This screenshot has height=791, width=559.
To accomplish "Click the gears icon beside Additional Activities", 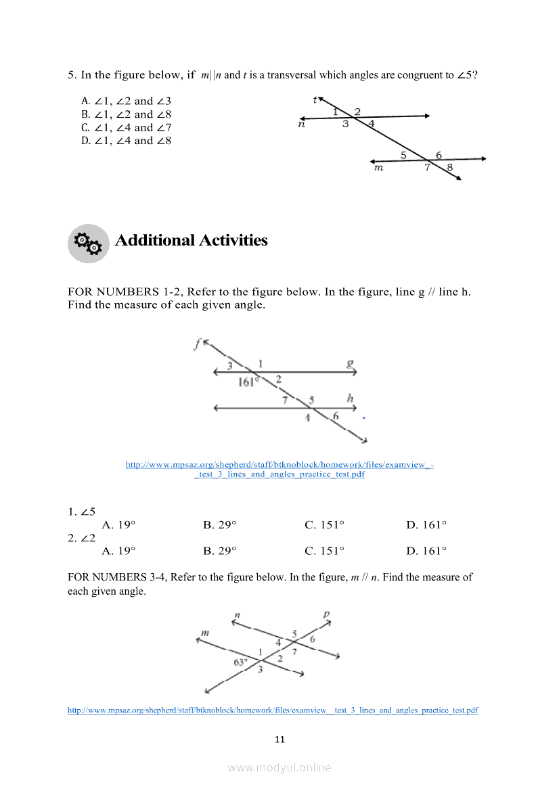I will coord(88,243).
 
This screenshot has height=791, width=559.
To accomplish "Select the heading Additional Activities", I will coord(191,240).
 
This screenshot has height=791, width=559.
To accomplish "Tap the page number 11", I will coord(279,739).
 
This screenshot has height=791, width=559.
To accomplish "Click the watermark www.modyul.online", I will coord(279,767).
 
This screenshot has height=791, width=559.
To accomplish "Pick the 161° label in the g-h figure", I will coord(248,382).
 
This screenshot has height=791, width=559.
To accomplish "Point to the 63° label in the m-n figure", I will coord(241,662).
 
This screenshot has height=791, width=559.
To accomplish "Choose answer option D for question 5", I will coord(127,141).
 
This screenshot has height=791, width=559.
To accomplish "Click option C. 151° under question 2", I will coord(324,551).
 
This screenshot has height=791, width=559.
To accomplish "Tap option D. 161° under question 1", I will coord(426,524).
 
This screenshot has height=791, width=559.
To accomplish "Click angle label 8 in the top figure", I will coord(450,168).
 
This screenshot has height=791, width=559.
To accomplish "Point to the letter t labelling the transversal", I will coord(315,100).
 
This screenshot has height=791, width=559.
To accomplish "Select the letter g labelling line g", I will coord(350,363).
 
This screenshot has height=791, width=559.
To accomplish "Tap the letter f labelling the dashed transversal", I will coord(196,344).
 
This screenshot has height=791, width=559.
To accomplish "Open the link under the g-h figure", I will coord(279,469).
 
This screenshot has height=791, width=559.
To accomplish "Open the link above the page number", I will coord(273,710).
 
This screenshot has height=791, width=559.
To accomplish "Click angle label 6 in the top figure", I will coord(439,155).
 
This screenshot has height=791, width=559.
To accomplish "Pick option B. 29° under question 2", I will coord(219,551).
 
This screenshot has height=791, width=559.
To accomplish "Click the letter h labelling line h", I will coord(351,399).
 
